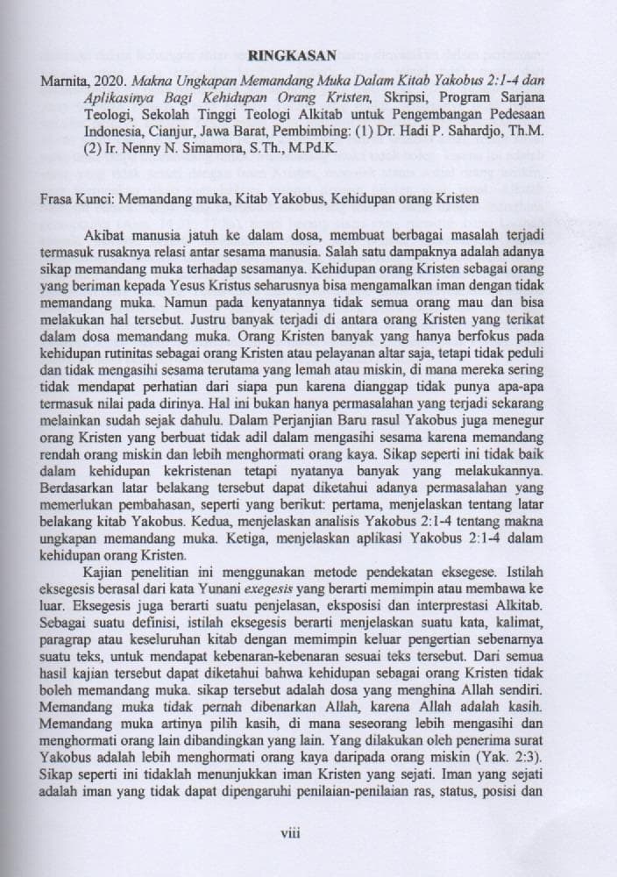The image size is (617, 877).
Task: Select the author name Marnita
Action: [x=63, y=81]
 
